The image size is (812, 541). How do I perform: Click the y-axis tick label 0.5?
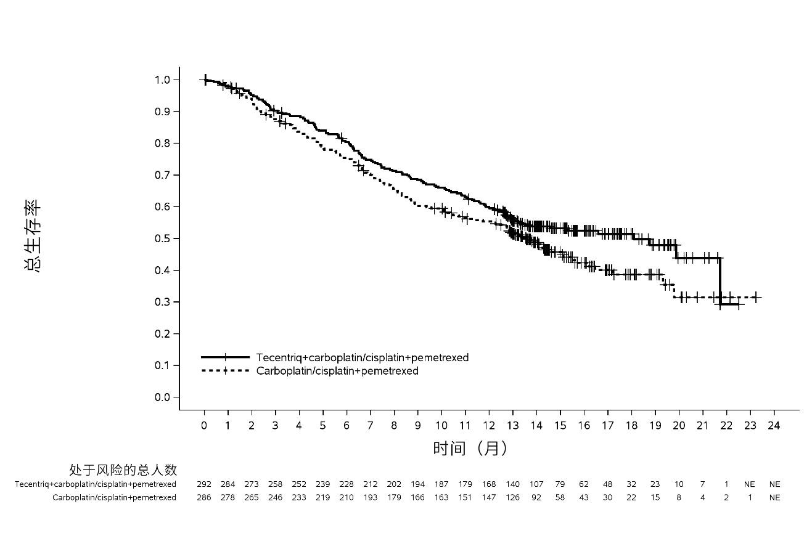pos(162,238)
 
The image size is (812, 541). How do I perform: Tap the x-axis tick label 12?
pos(489,425)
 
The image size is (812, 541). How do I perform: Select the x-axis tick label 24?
pos(774,425)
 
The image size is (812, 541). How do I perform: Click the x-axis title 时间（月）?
pos(470,449)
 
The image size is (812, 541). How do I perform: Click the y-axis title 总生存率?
pos(33,235)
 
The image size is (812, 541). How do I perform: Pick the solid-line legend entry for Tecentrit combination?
pos(335,357)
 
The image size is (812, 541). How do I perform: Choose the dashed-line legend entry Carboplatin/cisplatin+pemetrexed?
pos(310,371)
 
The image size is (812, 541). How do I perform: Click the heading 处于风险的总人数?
pos(123,470)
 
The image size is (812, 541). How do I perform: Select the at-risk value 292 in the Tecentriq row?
pos(204,484)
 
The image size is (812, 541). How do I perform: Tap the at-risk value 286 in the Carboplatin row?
pos(204,497)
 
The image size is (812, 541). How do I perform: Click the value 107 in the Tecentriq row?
pos(536,484)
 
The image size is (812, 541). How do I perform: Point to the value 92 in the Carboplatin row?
pos(536,497)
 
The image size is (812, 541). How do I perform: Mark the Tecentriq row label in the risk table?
pos(96,484)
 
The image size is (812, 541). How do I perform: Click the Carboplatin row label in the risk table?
pos(114,497)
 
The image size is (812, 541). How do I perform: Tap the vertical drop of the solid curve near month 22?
pos(720,281)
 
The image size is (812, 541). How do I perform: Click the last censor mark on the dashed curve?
pos(756,297)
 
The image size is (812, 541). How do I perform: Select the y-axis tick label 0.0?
pos(162,397)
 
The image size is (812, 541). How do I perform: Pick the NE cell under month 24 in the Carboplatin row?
pos(774,497)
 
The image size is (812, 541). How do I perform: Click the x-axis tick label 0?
pos(204,425)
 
